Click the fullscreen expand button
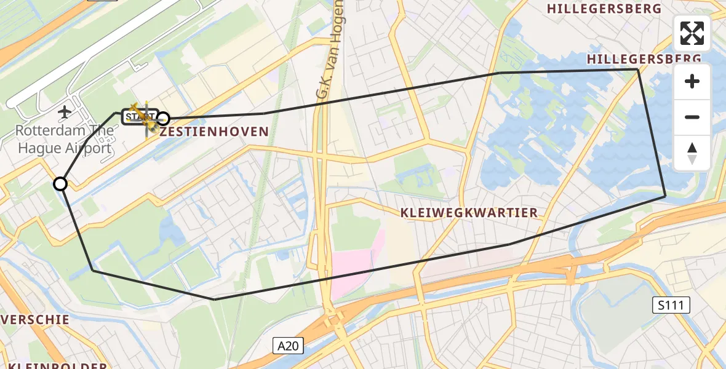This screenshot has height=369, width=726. [692, 33]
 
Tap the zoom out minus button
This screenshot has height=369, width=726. [692, 117]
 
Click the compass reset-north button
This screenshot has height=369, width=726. [692, 153]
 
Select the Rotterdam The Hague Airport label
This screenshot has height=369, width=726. [65, 140]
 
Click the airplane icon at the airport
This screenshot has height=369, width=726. [65, 112]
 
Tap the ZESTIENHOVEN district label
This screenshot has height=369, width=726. [214, 132]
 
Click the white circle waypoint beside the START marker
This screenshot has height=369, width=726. [163, 118]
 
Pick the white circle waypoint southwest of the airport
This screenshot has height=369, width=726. [60, 184]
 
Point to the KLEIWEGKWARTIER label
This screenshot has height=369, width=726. [469, 213]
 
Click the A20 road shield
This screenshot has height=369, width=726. [287, 346]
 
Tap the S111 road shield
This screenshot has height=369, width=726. [671, 304]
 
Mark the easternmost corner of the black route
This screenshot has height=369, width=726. [665, 196]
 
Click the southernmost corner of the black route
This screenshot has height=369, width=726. [214, 300]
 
